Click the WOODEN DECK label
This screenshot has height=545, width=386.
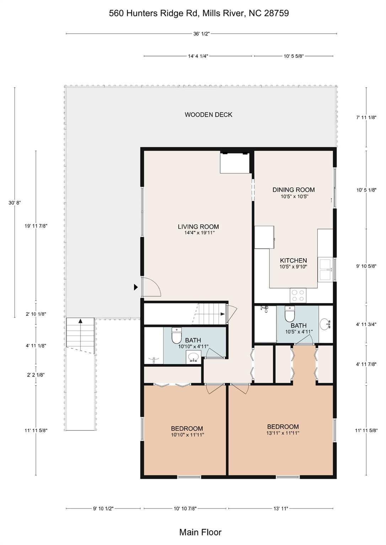[x=208, y=115]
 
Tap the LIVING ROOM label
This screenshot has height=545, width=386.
[x=198, y=226]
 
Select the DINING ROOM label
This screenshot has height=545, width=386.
[x=293, y=189]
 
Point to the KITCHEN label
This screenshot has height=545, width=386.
[x=293, y=260]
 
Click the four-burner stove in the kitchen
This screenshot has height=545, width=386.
[x=298, y=295]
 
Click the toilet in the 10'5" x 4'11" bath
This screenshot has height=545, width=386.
[x=289, y=314]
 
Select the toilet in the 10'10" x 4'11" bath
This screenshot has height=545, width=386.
[x=177, y=335]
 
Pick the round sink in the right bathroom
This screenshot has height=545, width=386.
[x=326, y=324]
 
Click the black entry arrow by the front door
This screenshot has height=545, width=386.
[x=136, y=287]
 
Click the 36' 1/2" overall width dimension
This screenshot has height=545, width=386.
[x=202, y=34]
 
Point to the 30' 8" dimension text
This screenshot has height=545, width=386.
[x=15, y=203]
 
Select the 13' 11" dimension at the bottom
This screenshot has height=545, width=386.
[x=281, y=508]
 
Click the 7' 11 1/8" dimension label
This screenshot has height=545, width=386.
[x=366, y=117]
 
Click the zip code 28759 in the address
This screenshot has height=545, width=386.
[x=276, y=13]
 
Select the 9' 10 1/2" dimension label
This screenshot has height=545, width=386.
[x=103, y=508]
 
